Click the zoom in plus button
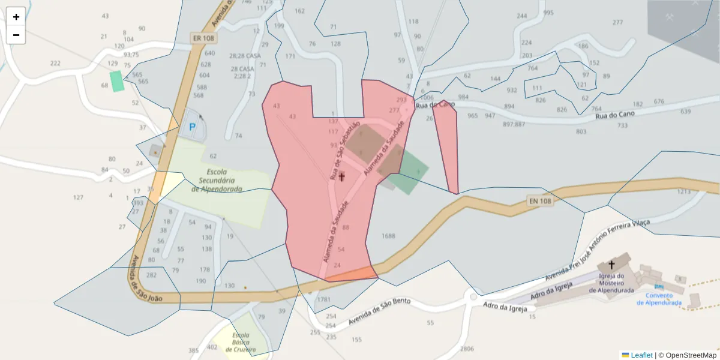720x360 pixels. (16, 17)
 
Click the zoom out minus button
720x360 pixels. (16, 35)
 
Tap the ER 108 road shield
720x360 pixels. (202, 37)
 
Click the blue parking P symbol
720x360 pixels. (193, 127)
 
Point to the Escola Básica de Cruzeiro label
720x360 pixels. (241, 343)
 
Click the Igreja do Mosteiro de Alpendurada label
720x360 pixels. (611, 283)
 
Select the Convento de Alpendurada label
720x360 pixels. (659, 299)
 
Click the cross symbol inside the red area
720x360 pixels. (342, 176)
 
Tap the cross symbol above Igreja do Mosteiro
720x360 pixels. (611, 264)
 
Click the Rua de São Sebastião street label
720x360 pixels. (345, 151)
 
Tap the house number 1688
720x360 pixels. (388, 236)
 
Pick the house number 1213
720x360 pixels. (684, 192)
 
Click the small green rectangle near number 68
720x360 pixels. (117, 81)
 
